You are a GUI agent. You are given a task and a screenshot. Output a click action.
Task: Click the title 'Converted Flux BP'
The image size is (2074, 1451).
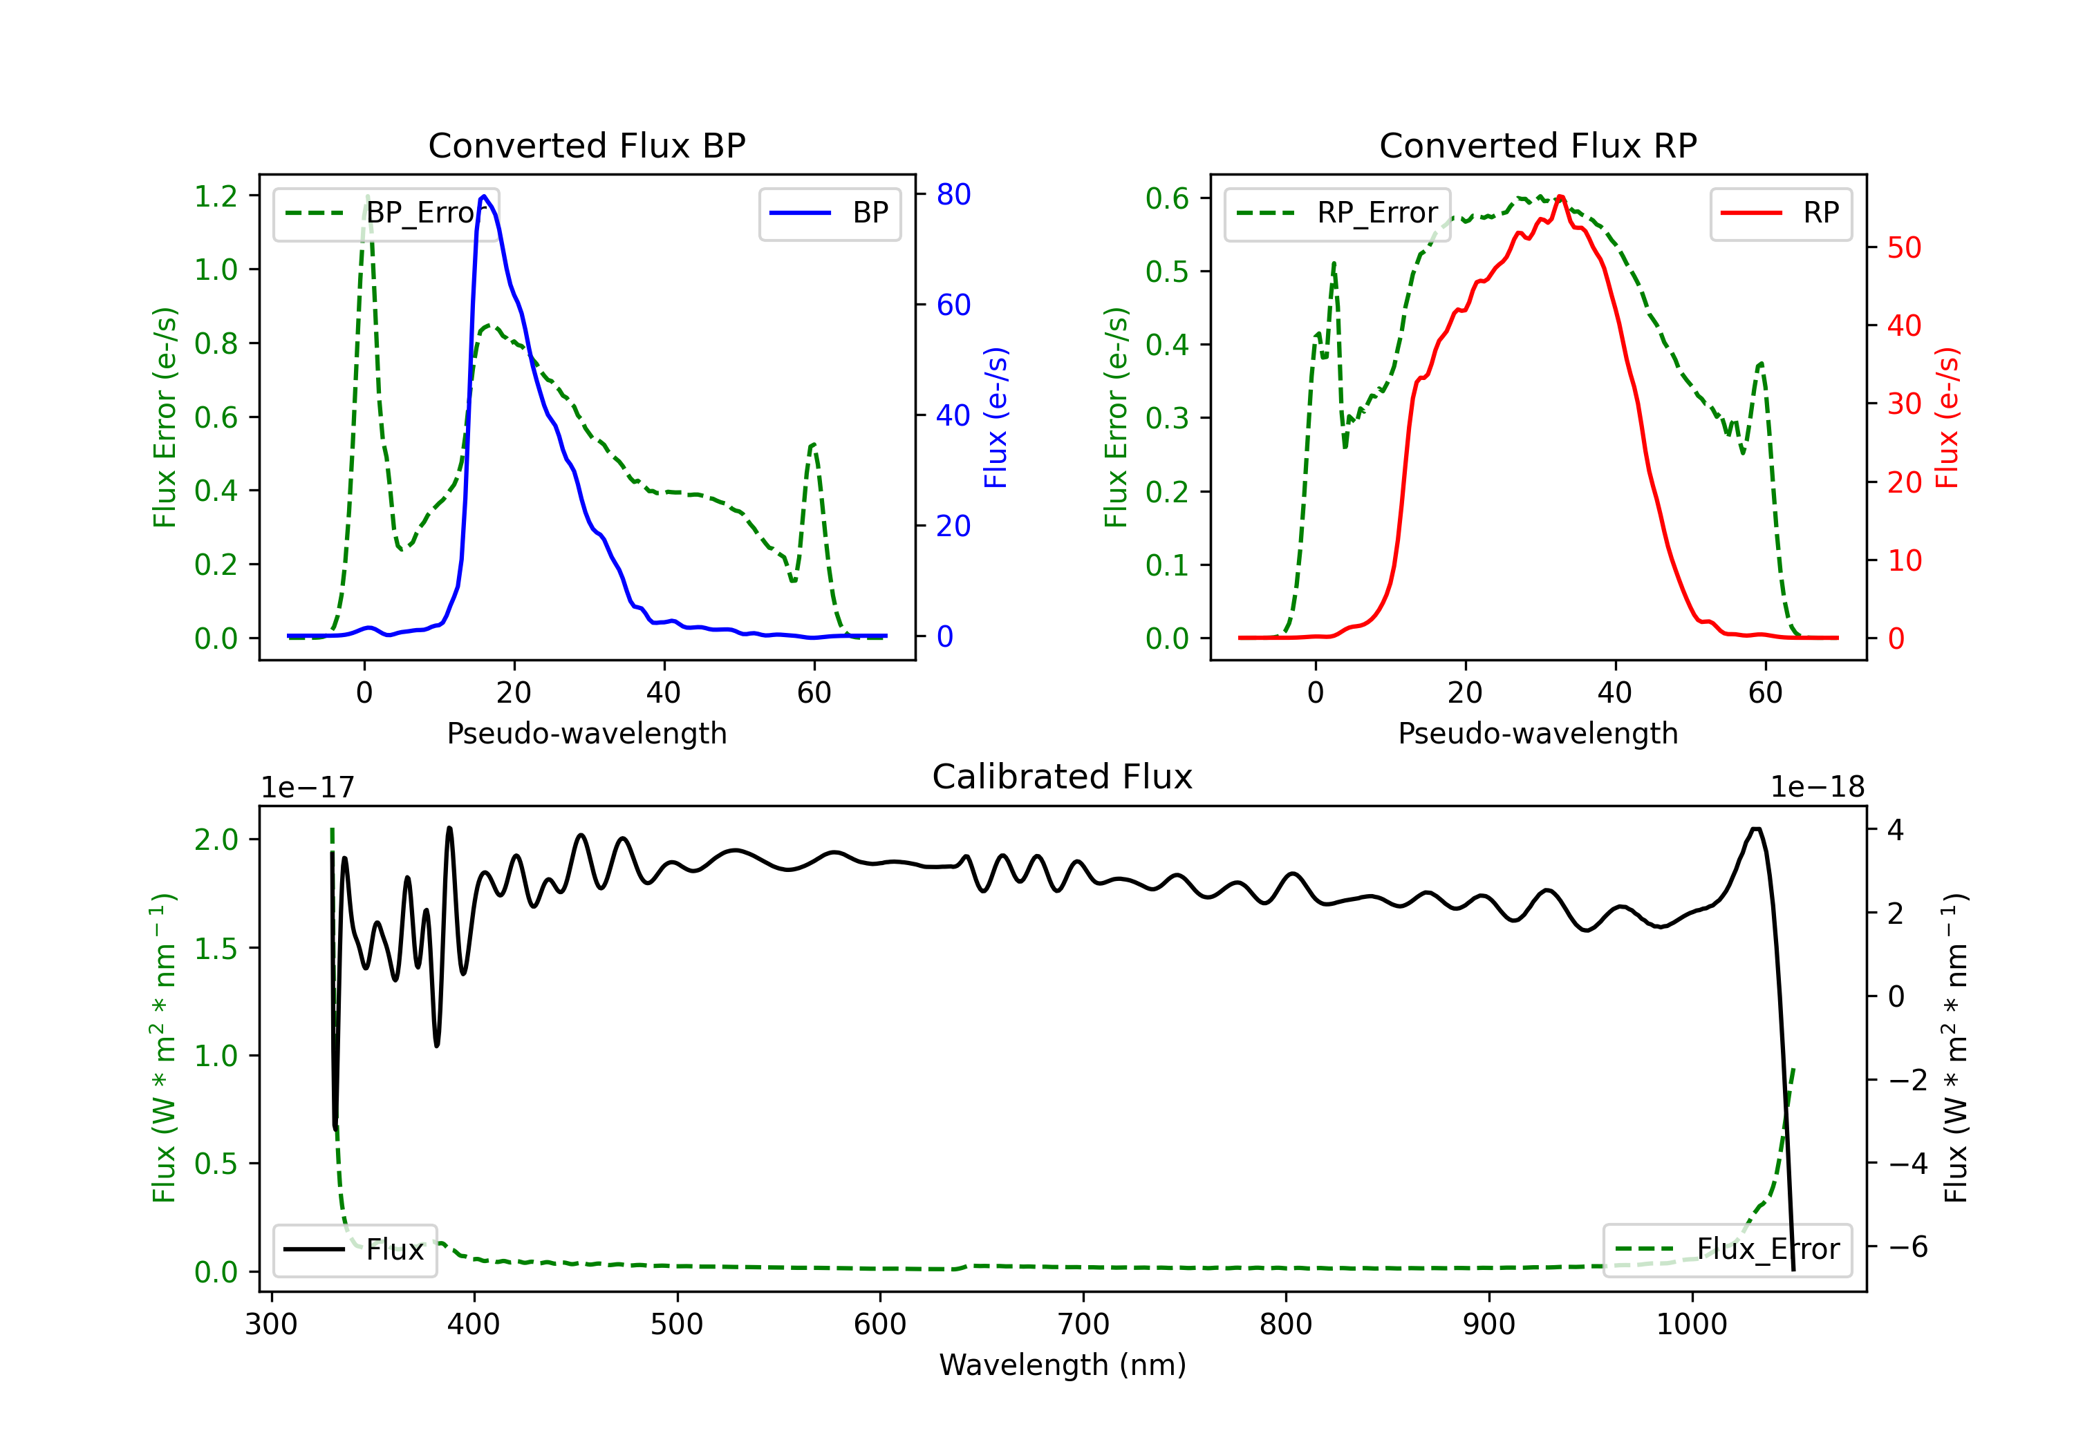[586, 145]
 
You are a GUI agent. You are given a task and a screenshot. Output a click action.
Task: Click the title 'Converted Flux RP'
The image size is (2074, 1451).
[1538, 145]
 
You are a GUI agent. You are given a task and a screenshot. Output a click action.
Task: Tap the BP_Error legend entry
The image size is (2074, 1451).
[386, 213]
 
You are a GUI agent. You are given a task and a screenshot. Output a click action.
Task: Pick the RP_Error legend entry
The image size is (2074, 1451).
[1337, 213]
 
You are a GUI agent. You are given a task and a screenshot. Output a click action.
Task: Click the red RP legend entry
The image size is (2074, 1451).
[1780, 213]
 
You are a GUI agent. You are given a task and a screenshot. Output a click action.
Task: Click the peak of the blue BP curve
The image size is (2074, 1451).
[484, 196]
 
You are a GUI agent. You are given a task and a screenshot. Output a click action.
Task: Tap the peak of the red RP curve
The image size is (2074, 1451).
[1560, 197]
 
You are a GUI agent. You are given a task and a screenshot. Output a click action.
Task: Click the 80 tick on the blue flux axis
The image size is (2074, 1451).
[953, 194]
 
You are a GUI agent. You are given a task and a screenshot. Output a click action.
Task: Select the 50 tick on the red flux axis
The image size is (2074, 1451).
[1903, 247]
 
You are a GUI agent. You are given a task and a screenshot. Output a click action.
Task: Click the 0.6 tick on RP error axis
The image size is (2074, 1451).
[1167, 198]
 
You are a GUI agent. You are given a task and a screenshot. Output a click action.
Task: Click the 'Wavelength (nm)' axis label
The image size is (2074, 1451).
[1063, 1365]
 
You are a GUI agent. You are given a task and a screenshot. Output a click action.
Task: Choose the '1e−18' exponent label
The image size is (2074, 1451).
[1817, 788]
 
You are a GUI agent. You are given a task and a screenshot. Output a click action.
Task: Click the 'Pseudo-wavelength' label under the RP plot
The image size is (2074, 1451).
[1538, 733]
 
